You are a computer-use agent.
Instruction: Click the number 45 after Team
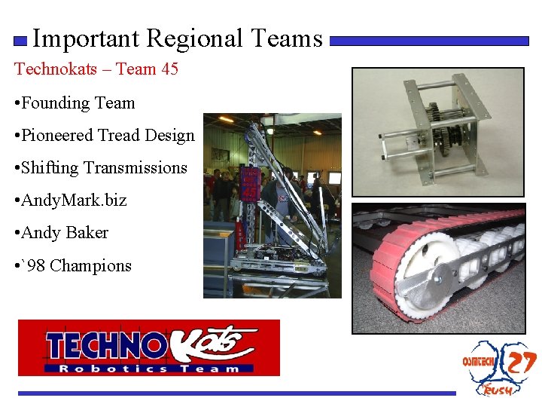[x=169, y=69]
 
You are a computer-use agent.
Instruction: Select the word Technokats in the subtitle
[x=57, y=69]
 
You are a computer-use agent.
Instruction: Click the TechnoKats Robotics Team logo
[x=149, y=348]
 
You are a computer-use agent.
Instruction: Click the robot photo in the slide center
[x=272, y=205]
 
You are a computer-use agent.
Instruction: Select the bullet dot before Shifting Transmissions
[x=17, y=168]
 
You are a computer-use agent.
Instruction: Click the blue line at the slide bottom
[x=237, y=393]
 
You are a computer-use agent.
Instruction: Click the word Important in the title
[x=87, y=38]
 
